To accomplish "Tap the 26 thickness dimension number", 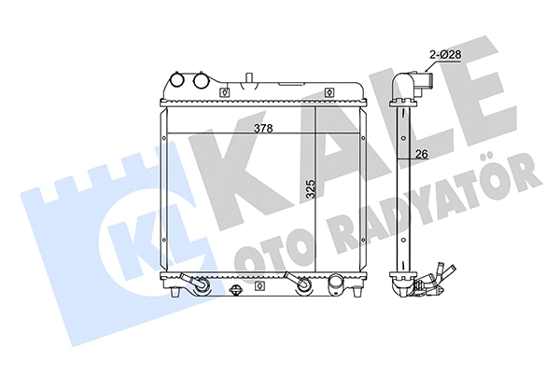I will pos(421,155).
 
